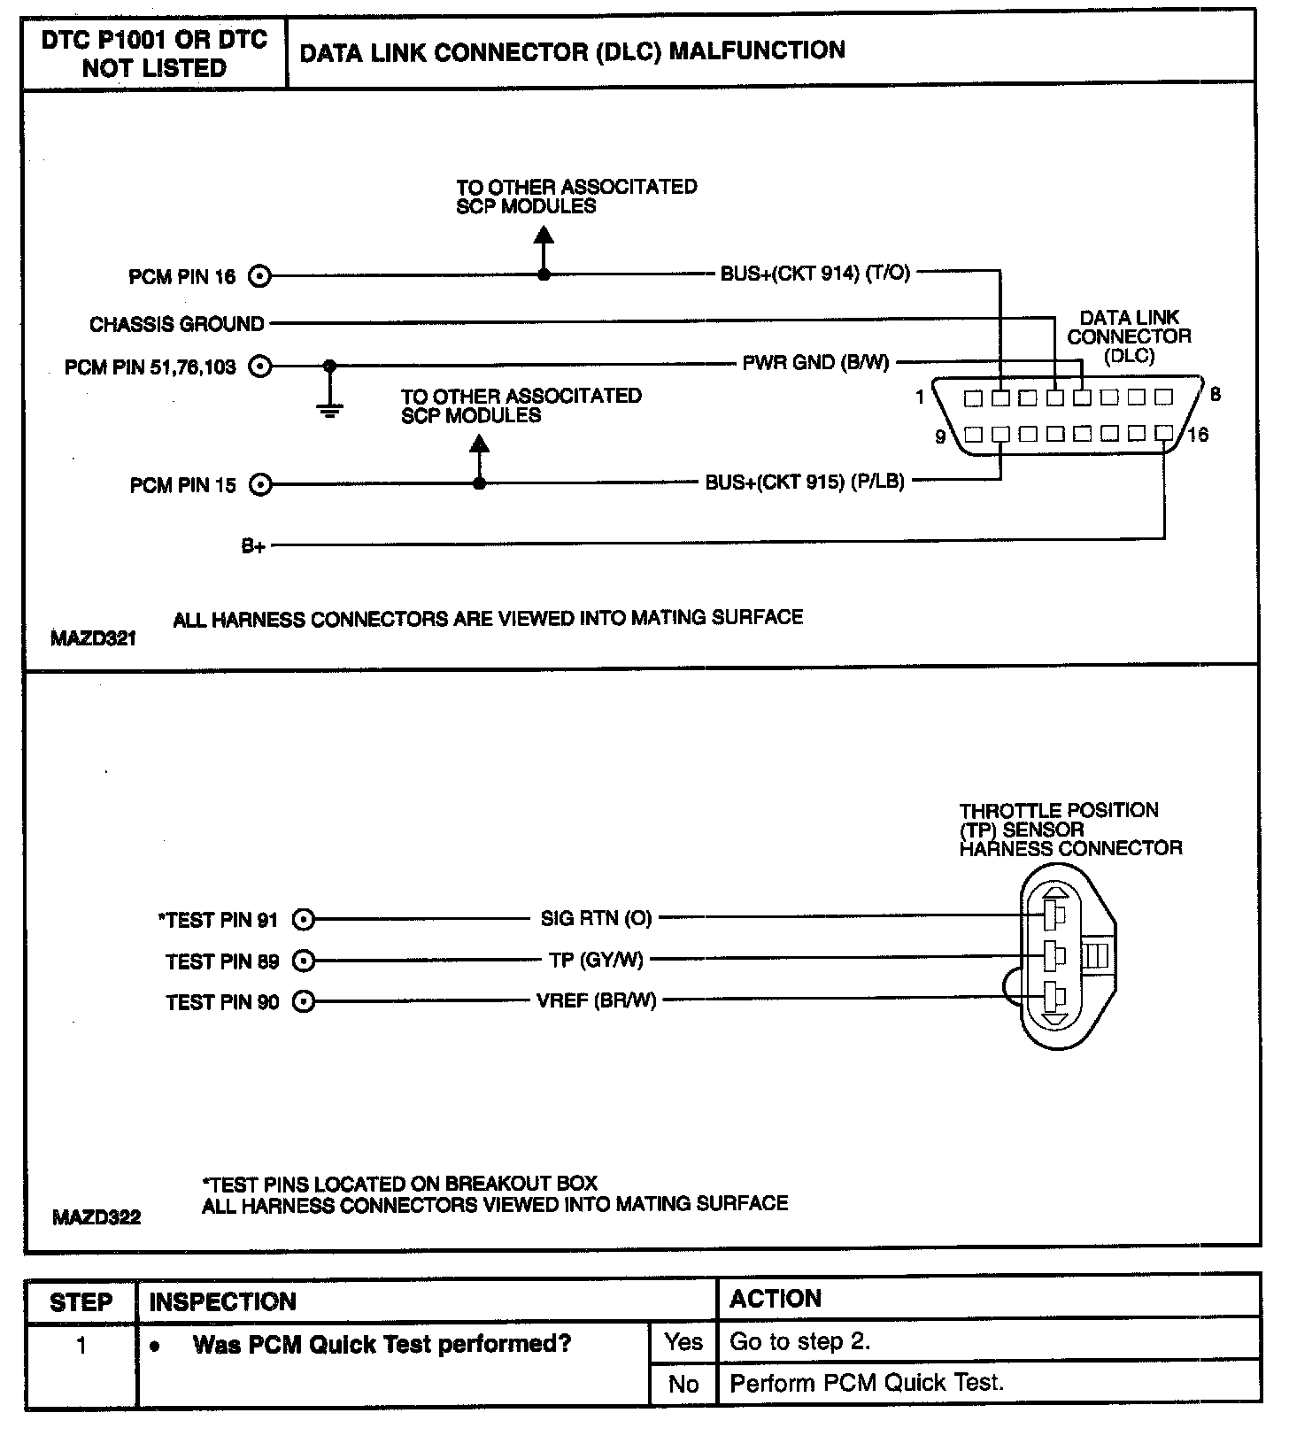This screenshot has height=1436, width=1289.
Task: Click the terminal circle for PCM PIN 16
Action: pos(259,276)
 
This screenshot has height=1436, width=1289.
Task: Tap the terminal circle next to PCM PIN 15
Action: pos(259,484)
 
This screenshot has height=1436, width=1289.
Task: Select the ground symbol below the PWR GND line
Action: pos(329,409)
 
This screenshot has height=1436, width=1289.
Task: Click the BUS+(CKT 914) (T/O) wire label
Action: pos(814,274)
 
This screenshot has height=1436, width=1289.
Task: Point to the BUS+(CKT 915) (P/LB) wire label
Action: pos(804,483)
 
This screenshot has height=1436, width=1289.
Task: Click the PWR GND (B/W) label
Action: pos(815,362)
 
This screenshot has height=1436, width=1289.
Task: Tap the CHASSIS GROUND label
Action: pos(177,324)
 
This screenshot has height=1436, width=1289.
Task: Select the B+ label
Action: pos(253,546)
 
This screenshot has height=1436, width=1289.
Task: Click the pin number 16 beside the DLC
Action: pos(1198,435)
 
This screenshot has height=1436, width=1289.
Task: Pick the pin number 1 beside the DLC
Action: pos(920,397)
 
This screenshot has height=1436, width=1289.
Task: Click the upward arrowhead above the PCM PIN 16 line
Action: pos(544,235)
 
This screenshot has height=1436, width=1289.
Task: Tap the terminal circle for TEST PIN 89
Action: pos(304,961)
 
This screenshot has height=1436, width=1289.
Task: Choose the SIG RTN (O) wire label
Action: pos(596,918)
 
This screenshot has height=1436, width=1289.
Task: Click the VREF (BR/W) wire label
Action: pos(596,1001)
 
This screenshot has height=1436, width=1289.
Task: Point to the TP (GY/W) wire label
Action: pos(596,960)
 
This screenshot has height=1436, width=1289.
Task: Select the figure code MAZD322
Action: pos(96,1217)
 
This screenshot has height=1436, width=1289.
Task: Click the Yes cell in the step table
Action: pos(683,1342)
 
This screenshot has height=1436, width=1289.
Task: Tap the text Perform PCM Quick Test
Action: pos(867,1383)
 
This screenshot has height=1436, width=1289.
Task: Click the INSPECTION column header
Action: pos(223,1301)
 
